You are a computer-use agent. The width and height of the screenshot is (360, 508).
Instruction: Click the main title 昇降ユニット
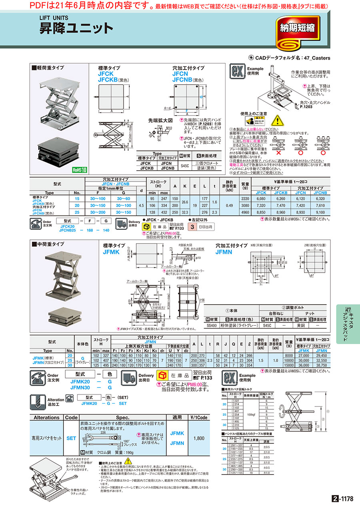pos(76,29)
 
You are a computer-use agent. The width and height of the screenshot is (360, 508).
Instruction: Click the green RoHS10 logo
pos(80,169)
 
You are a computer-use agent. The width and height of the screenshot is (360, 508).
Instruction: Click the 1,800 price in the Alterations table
pos(199,438)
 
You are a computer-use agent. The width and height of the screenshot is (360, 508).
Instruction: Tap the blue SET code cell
pos(71,438)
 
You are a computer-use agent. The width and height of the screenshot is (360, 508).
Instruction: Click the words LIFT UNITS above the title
pos(54,18)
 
